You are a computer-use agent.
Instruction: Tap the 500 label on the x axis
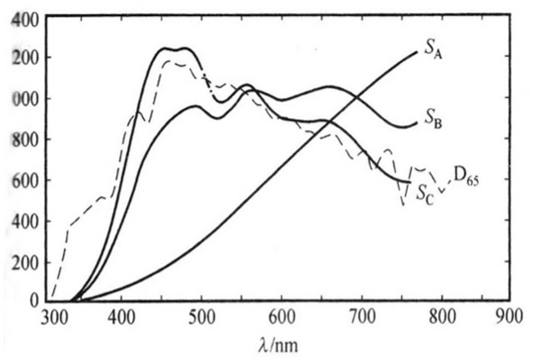[202, 318]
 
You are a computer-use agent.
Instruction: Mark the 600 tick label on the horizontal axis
[282, 318]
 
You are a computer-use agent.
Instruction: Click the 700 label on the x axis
[362, 318]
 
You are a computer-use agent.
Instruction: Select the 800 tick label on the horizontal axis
[440, 318]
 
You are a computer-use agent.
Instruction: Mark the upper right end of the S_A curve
[417, 52]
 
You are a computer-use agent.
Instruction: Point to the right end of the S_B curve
[417, 124]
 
